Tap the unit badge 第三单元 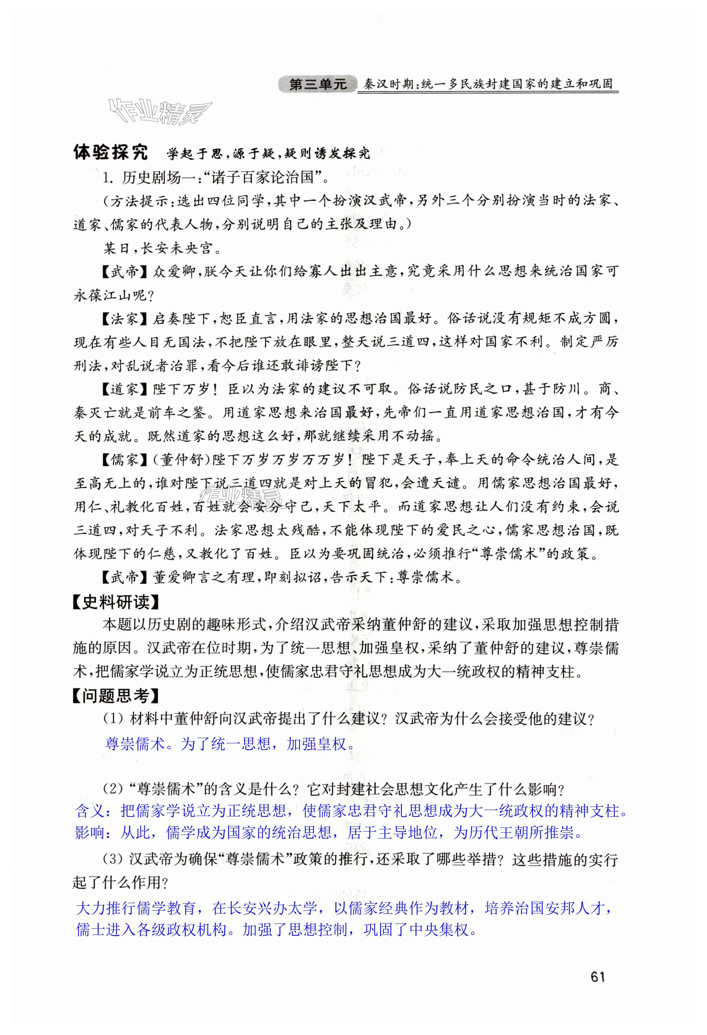tap(318, 84)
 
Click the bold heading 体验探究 tap(110, 153)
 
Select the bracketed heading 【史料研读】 tap(116, 603)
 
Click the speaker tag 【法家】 tap(124, 318)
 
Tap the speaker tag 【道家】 tap(124, 390)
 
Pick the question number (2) tap(113, 789)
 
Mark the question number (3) tap(113, 860)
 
